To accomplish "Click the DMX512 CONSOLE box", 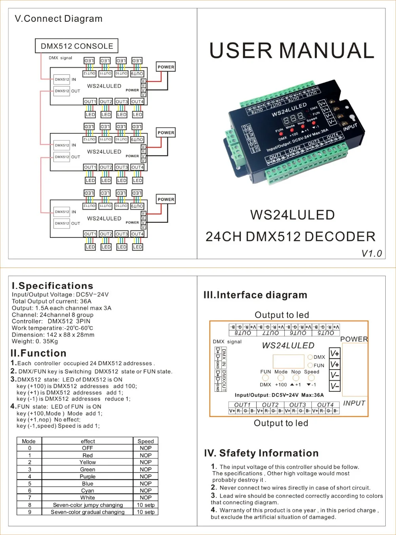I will [x=77, y=46].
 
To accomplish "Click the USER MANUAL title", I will [x=292, y=51].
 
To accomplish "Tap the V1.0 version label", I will [x=371, y=254].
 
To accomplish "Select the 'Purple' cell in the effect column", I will [x=88, y=476].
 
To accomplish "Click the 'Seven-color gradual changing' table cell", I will [x=88, y=512].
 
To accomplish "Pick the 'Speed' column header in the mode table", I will [x=145, y=441].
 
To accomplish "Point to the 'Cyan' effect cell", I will [x=88, y=491].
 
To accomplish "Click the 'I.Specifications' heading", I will [x=53, y=286].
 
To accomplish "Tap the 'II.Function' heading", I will [x=38, y=353].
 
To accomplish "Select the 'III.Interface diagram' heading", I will [x=255, y=295].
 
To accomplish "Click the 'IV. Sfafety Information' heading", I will [x=261, y=453].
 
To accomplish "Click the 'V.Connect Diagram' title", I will [x=59, y=19].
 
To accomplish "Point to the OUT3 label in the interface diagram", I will [x=297, y=405].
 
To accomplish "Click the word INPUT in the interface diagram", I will [x=354, y=403].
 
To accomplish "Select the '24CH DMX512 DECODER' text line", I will [x=290, y=237].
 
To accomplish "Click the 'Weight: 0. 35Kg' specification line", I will [x=35, y=341].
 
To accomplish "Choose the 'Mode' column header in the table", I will [x=29, y=441].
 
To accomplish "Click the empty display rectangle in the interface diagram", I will [x=288, y=361].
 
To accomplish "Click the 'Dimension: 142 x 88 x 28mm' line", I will [x=53, y=335].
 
